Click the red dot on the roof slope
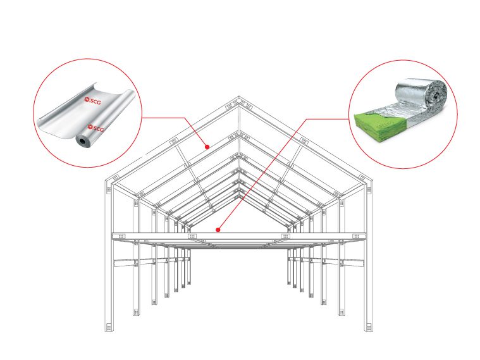click(x=207, y=147)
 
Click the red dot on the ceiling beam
click(x=218, y=230)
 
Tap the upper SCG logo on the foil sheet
click(x=92, y=101)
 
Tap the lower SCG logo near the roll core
click(x=96, y=128)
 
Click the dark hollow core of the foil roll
click(x=82, y=141)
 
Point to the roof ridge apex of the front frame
click(x=239, y=97)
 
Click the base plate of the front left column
click(x=109, y=327)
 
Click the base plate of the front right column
click(x=369, y=327)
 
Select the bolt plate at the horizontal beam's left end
click(x=121, y=236)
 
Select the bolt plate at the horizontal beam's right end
click(x=357, y=236)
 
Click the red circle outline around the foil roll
click(x=87, y=58)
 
